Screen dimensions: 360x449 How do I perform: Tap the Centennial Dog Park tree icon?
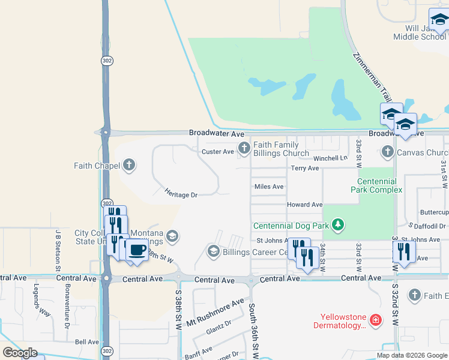[x=339, y=225]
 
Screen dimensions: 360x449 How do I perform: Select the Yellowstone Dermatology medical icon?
[x=375, y=320]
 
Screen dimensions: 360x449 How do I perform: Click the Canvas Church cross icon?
[x=387, y=152]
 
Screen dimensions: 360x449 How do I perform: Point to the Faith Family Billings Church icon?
[x=244, y=148]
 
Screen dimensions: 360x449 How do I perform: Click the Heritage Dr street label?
[x=181, y=193]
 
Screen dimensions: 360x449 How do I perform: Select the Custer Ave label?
[x=217, y=152]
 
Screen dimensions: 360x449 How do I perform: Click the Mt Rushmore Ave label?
[x=215, y=311]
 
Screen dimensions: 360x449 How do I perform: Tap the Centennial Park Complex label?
[x=376, y=185]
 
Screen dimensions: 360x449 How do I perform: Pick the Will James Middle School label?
[x=420, y=32]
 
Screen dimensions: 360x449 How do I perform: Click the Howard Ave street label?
[x=304, y=205]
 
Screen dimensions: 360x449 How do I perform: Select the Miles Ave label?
[x=269, y=187]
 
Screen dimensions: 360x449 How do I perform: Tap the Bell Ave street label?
[x=86, y=341]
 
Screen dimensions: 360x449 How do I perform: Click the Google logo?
[x=20, y=352]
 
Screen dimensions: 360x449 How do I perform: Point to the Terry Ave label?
[x=305, y=169]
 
